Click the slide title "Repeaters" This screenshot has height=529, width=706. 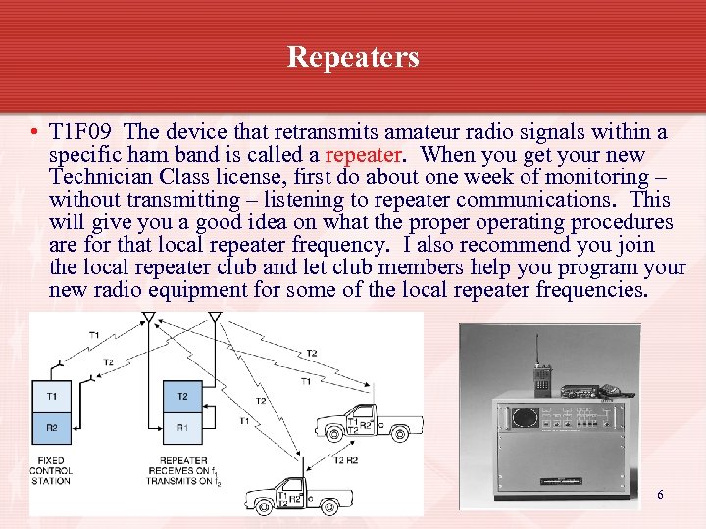point(353,57)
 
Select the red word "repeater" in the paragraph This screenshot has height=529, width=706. point(362,155)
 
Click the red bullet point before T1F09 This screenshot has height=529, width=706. point(34,133)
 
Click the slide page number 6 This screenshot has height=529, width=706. point(660,495)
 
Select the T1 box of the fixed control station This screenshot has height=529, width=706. point(51,396)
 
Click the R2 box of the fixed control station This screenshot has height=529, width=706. point(51,427)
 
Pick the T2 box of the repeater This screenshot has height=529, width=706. point(182,396)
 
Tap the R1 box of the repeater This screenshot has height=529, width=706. point(182,427)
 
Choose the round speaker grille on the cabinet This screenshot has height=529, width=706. point(526,414)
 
